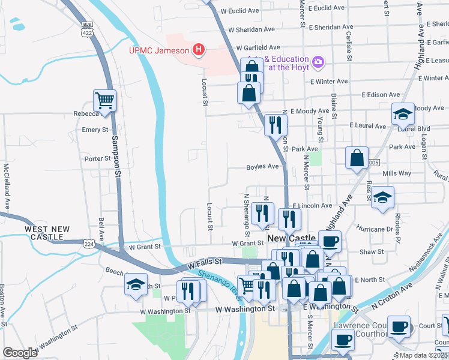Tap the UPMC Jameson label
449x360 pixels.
[159, 50]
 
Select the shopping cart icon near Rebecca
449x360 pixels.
[104, 100]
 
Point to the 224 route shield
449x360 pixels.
[89, 244]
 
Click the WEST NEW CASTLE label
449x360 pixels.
[47, 233]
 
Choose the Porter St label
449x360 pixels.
[96, 159]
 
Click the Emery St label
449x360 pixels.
[95, 130]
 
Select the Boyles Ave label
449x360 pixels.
[263, 167]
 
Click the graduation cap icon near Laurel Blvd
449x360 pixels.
[403, 113]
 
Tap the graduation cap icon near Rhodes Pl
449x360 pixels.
[382, 197]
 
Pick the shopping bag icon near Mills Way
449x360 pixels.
[357, 158]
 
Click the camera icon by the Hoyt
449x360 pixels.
[318, 61]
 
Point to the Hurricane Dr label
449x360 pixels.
[375, 229]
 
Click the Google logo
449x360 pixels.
[20, 352]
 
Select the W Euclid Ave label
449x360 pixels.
[240, 11]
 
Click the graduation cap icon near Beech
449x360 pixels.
[136, 284]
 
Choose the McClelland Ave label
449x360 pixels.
[7, 185]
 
